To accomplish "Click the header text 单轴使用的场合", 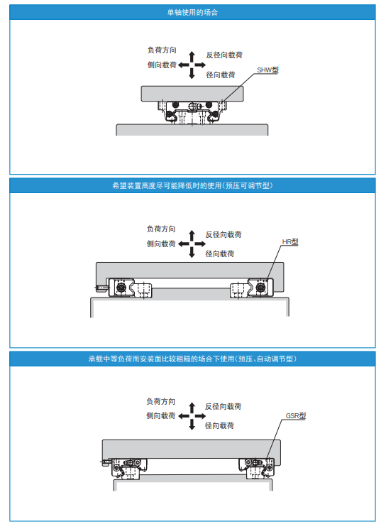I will (192, 13).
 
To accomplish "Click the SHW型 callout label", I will (268, 70).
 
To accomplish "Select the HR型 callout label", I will (289, 242).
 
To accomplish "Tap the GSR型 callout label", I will (295, 416).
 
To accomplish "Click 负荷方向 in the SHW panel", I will (161, 51).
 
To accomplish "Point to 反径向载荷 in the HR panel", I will (224, 234).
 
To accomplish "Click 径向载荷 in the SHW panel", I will (220, 75).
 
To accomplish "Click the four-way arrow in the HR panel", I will (191, 244).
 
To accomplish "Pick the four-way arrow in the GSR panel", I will (191, 415).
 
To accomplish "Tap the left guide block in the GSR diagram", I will (127, 467).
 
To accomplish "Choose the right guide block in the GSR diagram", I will (255, 467).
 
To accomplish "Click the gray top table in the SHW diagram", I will (192, 93).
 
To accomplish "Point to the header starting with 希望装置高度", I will (192, 186).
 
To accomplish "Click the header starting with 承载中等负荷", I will (192, 359).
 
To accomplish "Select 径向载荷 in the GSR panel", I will (219, 425).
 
